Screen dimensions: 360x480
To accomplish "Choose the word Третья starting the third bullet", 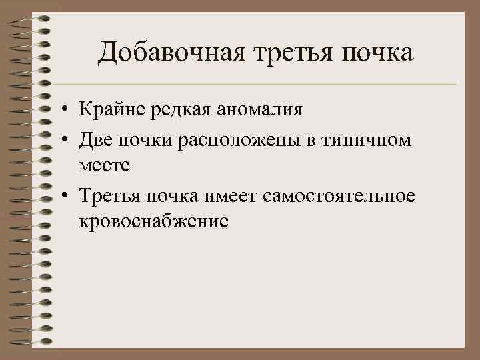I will click(x=107, y=197).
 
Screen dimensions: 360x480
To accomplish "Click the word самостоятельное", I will click(x=340, y=197).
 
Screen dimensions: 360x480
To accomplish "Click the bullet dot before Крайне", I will click(x=69, y=109).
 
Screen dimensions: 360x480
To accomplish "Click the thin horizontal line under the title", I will click(x=267, y=85).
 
